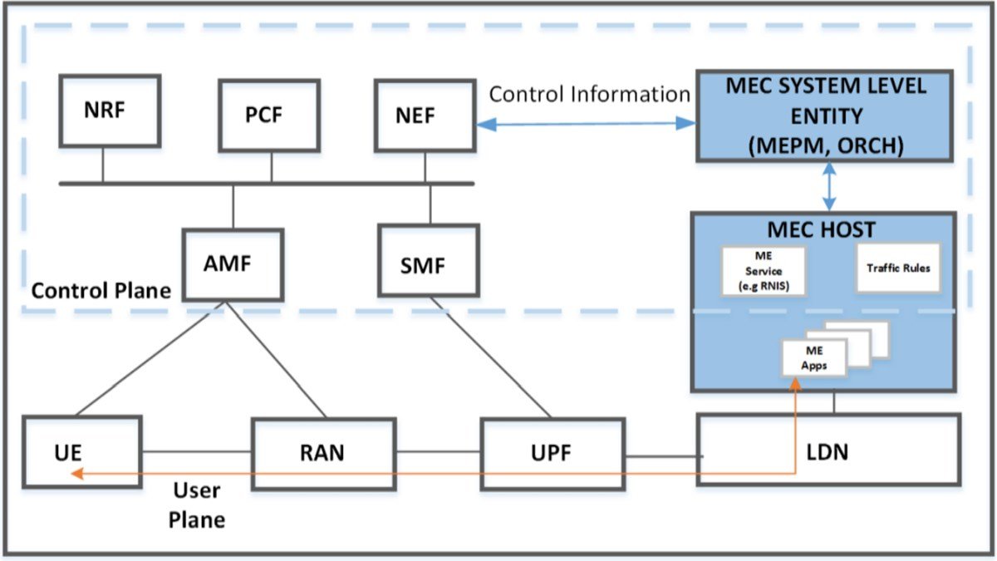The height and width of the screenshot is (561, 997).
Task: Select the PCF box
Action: [269, 116]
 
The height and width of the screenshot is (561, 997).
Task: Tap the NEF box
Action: [425, 116]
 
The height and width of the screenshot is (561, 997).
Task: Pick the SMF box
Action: [429, 267]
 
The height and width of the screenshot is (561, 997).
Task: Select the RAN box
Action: [322, 454]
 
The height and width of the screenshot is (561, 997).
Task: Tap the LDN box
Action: [826, 454]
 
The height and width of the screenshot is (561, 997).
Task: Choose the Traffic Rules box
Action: [898, 268]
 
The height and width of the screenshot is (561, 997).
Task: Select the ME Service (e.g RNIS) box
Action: [764, 271]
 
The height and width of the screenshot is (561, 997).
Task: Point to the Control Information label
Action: [589, 94]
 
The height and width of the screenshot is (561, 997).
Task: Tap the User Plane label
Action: [197, 504]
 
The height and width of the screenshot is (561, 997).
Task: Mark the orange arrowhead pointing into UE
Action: [77, 474]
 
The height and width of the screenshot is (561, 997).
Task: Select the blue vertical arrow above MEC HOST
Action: [828, 186]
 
